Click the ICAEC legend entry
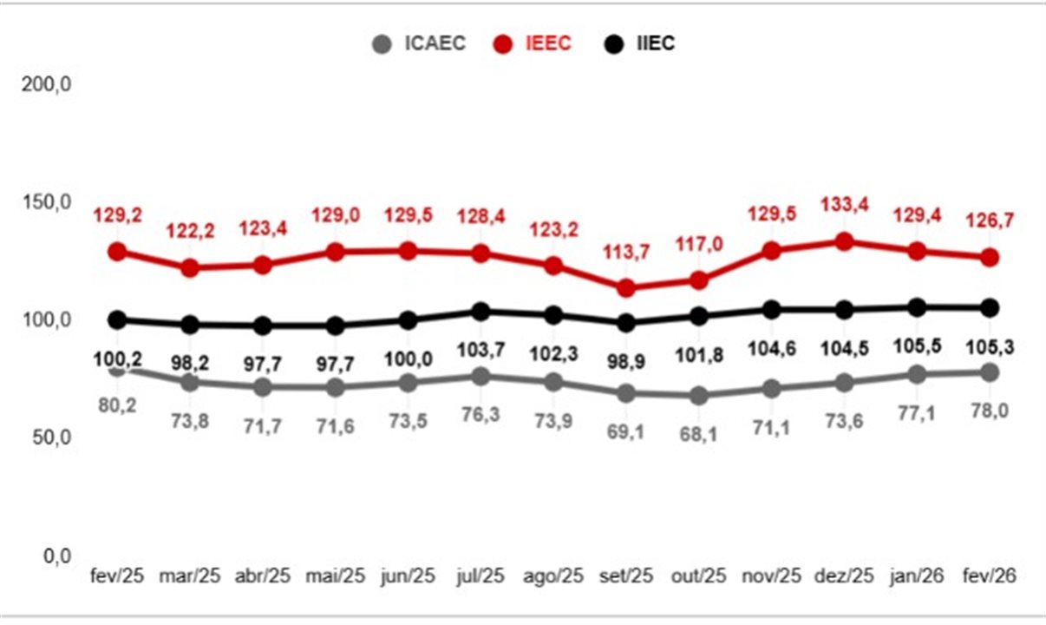tap(419, 43)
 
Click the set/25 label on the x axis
tap(627, 576)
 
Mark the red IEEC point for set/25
tap(627, 287)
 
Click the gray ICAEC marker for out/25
tap(699, 396)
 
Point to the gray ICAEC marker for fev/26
tap(989, 372)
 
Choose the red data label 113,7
tap(627, 252)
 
